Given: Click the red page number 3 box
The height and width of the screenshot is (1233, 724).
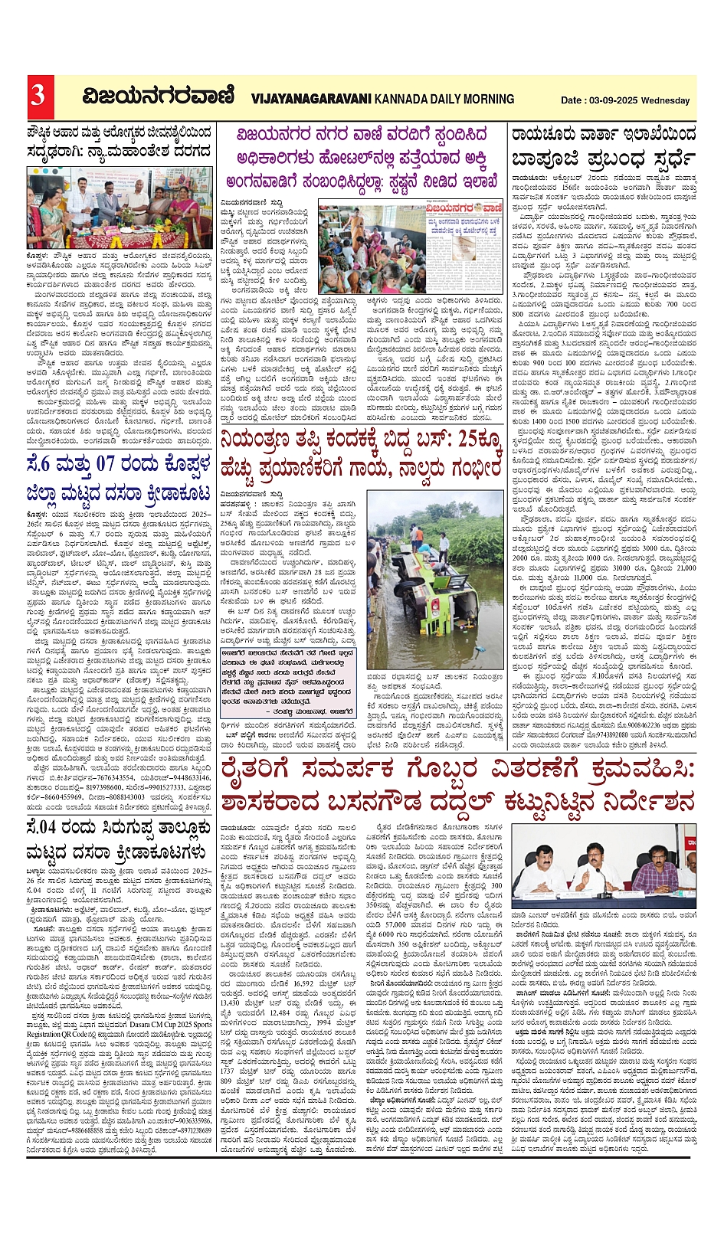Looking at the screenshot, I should (x=38, y=96).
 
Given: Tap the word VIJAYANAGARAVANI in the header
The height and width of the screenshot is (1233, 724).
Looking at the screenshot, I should (x=310, y=99).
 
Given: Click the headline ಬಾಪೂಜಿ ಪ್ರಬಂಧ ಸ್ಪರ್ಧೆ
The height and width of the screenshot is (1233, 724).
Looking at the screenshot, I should (x=604, y=159).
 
